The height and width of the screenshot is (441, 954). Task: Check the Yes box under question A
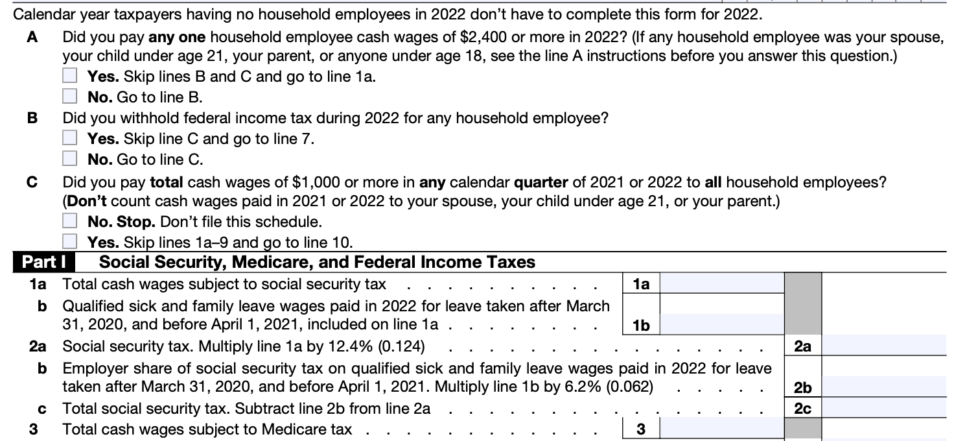[69, 76]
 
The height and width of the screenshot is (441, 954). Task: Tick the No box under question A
[69, 97]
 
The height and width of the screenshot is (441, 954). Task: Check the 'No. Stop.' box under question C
[69, 221]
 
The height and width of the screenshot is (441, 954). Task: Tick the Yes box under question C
[69, 242]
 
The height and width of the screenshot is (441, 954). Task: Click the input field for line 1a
[722, 283]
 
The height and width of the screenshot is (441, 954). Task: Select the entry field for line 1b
[722, 324]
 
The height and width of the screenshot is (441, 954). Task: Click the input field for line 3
[722, 429]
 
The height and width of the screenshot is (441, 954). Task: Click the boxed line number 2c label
[802, 408]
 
